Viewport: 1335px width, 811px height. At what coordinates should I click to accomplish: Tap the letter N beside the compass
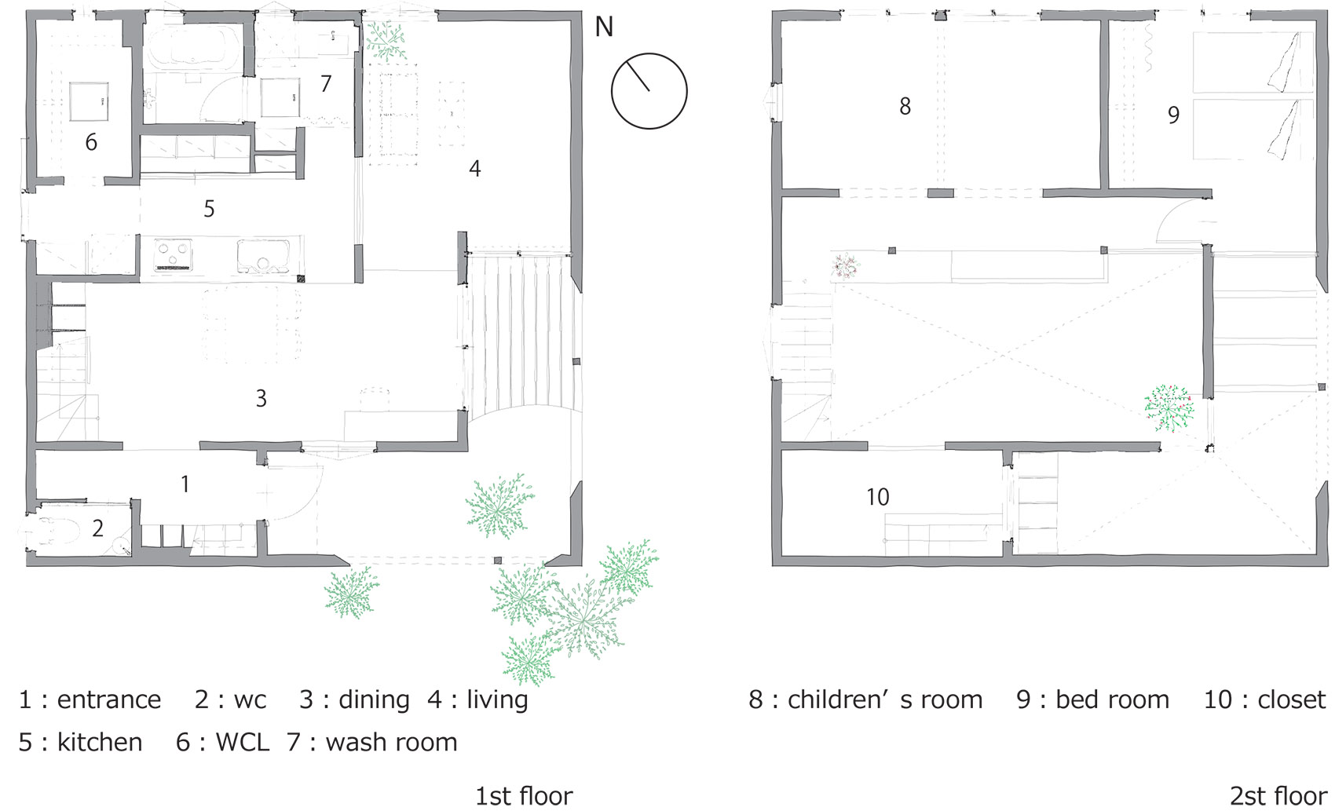[604, 27]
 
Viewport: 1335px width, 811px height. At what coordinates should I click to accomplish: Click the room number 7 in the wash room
[325, 84]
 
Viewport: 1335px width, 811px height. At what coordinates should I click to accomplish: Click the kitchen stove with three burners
[174, 255]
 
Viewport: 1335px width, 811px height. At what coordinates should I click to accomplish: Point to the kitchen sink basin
[263, 256]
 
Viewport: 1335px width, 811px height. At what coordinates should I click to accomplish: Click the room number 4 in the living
[474, 169]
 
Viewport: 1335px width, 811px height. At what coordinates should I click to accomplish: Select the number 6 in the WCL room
[90, 142]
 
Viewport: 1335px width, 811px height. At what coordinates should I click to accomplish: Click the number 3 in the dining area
[261, 399]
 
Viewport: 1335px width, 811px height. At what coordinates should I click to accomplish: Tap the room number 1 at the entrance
[185, 484]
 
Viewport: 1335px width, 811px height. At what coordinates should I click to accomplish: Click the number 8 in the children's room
[905, 107]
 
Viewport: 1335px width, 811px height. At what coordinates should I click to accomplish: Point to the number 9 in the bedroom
[1173, 115]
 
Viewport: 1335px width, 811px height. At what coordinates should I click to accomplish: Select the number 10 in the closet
[878, 497]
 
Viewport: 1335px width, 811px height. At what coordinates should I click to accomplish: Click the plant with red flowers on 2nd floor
[1169, 408]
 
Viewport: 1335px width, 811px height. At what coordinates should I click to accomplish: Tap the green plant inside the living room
[386, 41]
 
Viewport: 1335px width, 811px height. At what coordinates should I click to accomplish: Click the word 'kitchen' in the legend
[100, 743]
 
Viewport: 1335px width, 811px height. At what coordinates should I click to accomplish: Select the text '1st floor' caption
[524, 796]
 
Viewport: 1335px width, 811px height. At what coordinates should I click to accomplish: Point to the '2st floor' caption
[1278, 796]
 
